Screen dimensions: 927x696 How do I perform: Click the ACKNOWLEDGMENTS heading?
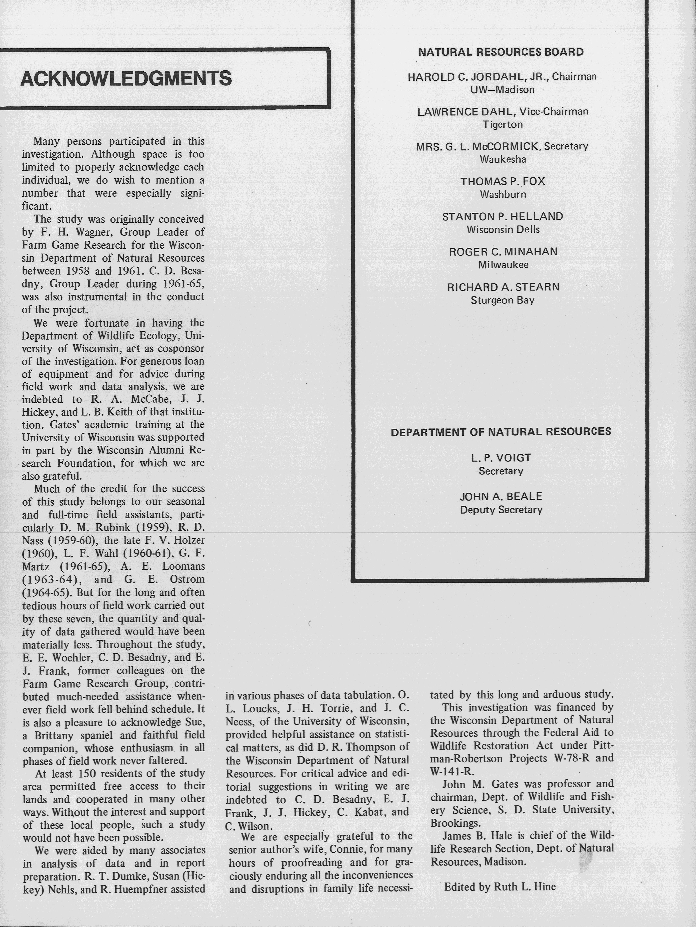point(126,78)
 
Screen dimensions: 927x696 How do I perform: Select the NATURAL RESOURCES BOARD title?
point(501,52)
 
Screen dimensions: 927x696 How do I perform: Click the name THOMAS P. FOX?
point(503,181)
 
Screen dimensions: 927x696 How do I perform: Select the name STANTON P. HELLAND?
point(503,217)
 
